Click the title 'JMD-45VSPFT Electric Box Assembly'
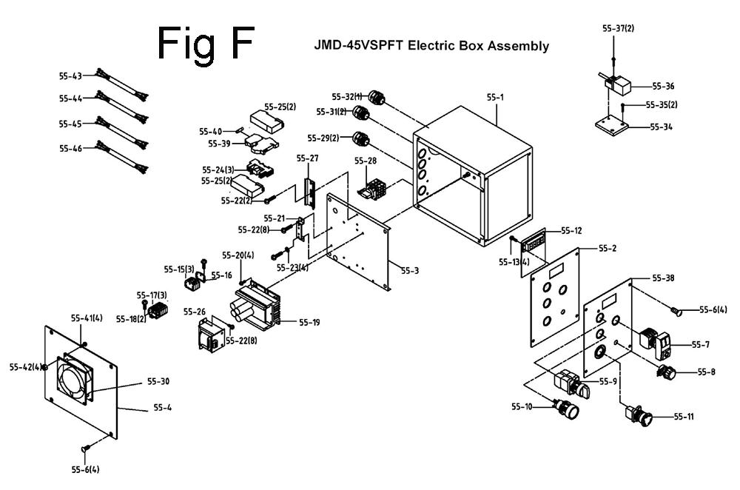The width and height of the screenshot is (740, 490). pyautogui.click(x=432, y=46)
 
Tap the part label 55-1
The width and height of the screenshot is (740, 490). pyautogui.click(x=494, y=96)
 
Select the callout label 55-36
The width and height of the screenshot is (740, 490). pyautogui.click(x=663, y=86)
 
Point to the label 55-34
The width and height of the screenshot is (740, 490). pyautogui.click(x=661, y=127)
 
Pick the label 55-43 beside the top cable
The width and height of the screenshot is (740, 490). pyautogui.click(x=70, y=75)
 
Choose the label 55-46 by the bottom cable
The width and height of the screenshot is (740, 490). pyautogui.click(x=70, y=149)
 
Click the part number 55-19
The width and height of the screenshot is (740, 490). pyautogui.click(x=309, y=322)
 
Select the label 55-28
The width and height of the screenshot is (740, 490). pyautogui.click(x=365, y=161)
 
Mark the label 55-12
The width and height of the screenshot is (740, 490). pyautogui.click(x=571, y=231)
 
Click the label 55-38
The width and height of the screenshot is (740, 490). pyautogui.click(x=663, y=278)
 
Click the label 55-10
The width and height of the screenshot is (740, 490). pyautogui.click(x=521, y=406)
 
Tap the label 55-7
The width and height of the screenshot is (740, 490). pyautogui.click(x=700, y=345)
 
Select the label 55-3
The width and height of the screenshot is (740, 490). pyautogui.click(x=410, y=271)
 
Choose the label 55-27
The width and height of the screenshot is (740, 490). pyautogui.click(x=307, y=158)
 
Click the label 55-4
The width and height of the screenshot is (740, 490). pyautogui.click(x=162, y=407)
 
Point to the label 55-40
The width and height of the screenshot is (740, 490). pyautogui.click(x=210, y=132)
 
